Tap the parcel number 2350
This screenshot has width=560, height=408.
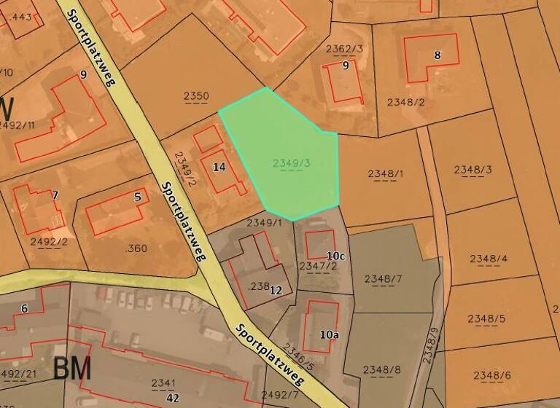pyautogui.click(x=195, y=96)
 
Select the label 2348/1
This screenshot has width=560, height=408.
pyautogui.click(x=385, y=173)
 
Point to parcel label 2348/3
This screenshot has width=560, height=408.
pyautogui.click(x=473, y=170)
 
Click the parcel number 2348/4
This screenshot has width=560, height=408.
pyautogui.click(x=488, y=259)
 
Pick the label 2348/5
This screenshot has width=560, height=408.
pyautogui.click(x=486, y=318)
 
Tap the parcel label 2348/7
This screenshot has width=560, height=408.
pyautogui.click(x=383, y=279)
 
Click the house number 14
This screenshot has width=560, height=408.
pyautogui.click(x=219, y=167)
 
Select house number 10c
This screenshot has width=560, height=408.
pyautogui.click(x=335, y=256)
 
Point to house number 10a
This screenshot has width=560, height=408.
pyautogui.click(x=329, y=334)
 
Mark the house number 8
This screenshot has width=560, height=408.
pyautogui.click(x=437, y=55)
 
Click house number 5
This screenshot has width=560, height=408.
pyautogui.click(x=137, y=196)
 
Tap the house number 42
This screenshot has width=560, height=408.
pyautogui.click(x=173, y=398)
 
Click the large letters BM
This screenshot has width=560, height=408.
pyautogui.click(x=72, y=369)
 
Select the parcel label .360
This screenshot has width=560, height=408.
pyautogui.click(x=136, y=248)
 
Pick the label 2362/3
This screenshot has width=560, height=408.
pyautogui.click(x=344, y=49)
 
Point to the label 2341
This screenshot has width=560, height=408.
pyautogui.click(x=163, y=383)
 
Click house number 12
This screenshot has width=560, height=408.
pyautogui.click(x=276, y=290)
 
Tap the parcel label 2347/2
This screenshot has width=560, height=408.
pyautogui.click(x=318, y=266)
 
